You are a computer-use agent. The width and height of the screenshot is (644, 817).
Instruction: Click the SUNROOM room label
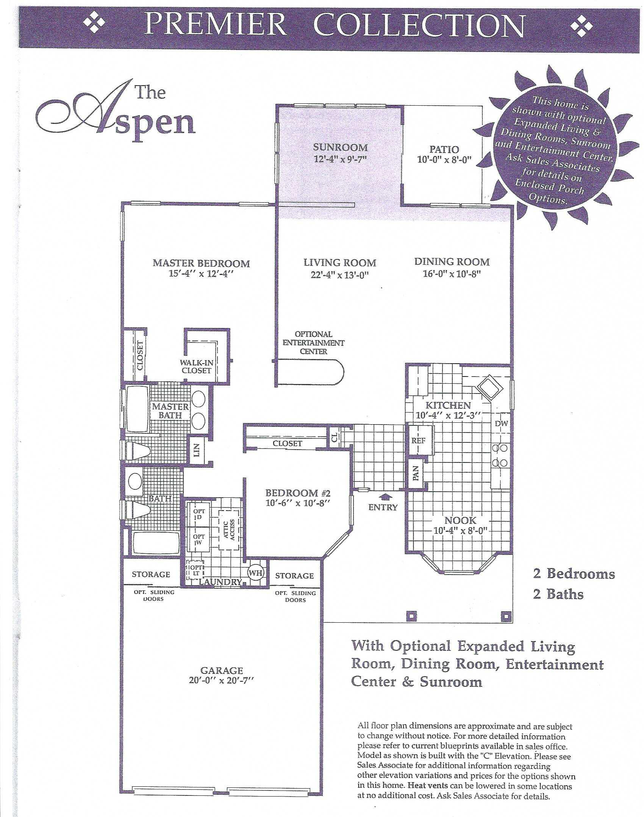(x=340, y=147)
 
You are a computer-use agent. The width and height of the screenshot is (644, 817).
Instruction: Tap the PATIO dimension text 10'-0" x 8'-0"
(x=444, y=160)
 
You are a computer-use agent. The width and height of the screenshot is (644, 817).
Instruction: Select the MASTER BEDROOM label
(x=201, y=263)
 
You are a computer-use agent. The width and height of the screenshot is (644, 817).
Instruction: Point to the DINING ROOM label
(x=452, y=262)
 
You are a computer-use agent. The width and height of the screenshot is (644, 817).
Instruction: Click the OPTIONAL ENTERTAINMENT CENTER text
(x=314, y=343)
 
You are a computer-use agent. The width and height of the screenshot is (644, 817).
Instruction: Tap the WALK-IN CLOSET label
(x=196, y=367)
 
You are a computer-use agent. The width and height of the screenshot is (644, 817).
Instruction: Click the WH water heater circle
(x=256, y=573)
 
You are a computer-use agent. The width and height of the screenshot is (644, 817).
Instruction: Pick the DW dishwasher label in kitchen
(x=501, y=424)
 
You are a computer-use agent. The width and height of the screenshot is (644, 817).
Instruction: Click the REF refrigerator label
(x=418, y=441)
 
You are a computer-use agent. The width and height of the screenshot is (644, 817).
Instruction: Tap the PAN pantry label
(x=415, y=473)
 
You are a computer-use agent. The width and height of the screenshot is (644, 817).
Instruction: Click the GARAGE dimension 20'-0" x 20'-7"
(x=221, y=680)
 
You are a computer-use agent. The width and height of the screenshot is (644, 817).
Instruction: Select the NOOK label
(x=460, y=520)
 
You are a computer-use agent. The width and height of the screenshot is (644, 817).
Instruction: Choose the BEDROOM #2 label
(x=298, y=493)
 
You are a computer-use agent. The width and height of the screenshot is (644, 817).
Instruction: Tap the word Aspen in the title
(x=117, y=114)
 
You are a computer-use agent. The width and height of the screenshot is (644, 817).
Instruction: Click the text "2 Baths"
(x=558, y=594)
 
